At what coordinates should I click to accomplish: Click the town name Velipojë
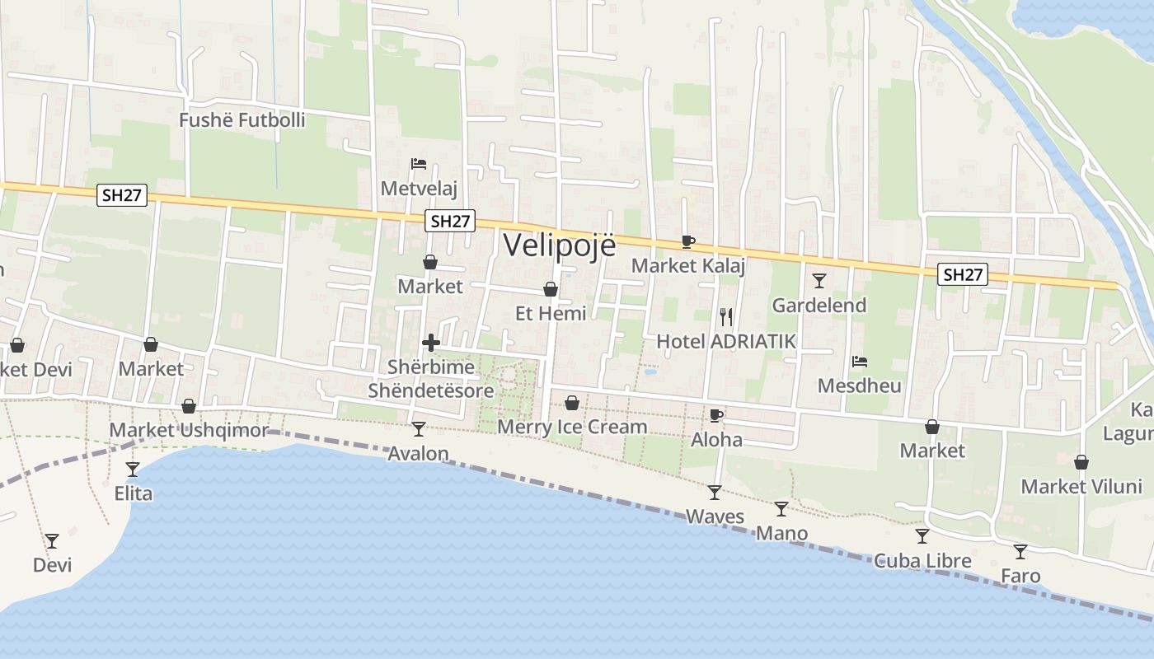point(559,245)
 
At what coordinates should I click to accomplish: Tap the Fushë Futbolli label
point(242,120)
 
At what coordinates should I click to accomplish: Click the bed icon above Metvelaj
point(419,164)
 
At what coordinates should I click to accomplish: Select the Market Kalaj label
point(688,265)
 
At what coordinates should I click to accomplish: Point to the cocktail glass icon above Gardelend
point(819,281)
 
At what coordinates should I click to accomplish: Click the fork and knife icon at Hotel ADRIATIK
point(726,316)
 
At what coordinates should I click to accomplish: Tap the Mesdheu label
point(859,386)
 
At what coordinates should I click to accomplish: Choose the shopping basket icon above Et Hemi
point(551,289)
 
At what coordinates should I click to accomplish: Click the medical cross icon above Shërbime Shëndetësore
point(430,343)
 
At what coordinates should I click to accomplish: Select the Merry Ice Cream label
point(572,427)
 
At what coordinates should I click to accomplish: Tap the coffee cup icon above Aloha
point(715,415)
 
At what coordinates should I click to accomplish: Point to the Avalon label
point(418,453)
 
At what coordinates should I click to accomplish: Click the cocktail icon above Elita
point(133,470)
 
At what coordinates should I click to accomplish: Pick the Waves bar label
point(715,516)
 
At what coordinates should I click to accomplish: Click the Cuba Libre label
point(922,561)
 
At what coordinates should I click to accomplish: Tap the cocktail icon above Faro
point(1020,551)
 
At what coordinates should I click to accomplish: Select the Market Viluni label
point(1081,486)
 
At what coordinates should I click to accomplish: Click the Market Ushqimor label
point(189,430)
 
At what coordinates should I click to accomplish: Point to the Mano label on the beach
point(781,533)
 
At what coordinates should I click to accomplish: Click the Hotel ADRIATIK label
point(726,341)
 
